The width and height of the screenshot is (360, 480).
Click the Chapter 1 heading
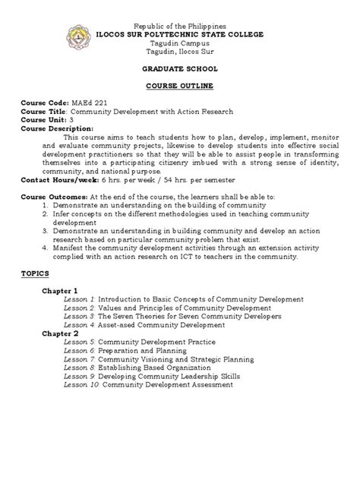coord(60,291)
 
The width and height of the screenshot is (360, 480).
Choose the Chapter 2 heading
coord(60,333)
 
